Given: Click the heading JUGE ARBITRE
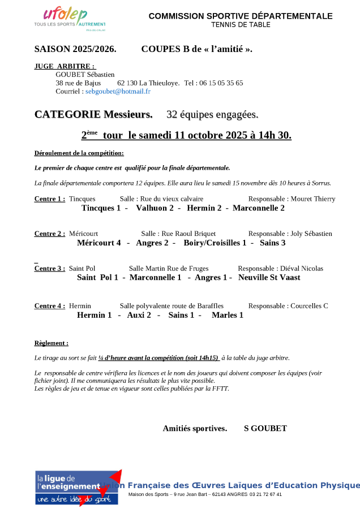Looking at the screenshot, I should (65, 66).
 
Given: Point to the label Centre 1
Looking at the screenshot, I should (49, 199).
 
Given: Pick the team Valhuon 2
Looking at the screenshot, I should (155, 208).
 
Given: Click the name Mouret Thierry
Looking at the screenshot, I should (313, 199).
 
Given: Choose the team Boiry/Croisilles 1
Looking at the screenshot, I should (215, 243).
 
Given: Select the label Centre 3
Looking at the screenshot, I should (49, 269).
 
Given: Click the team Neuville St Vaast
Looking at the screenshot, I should (269, 278).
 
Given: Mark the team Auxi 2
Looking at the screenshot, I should (139, 315).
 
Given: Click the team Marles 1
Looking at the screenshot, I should (228, 315).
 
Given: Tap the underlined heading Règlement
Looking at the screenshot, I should (51, 343).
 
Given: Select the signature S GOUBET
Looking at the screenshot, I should (265, 429).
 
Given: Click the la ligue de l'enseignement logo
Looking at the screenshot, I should (77, 487).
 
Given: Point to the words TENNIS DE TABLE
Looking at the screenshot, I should (241, 25).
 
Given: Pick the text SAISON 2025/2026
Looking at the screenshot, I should (75, 49).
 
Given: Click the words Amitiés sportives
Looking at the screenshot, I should (195, 429).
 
